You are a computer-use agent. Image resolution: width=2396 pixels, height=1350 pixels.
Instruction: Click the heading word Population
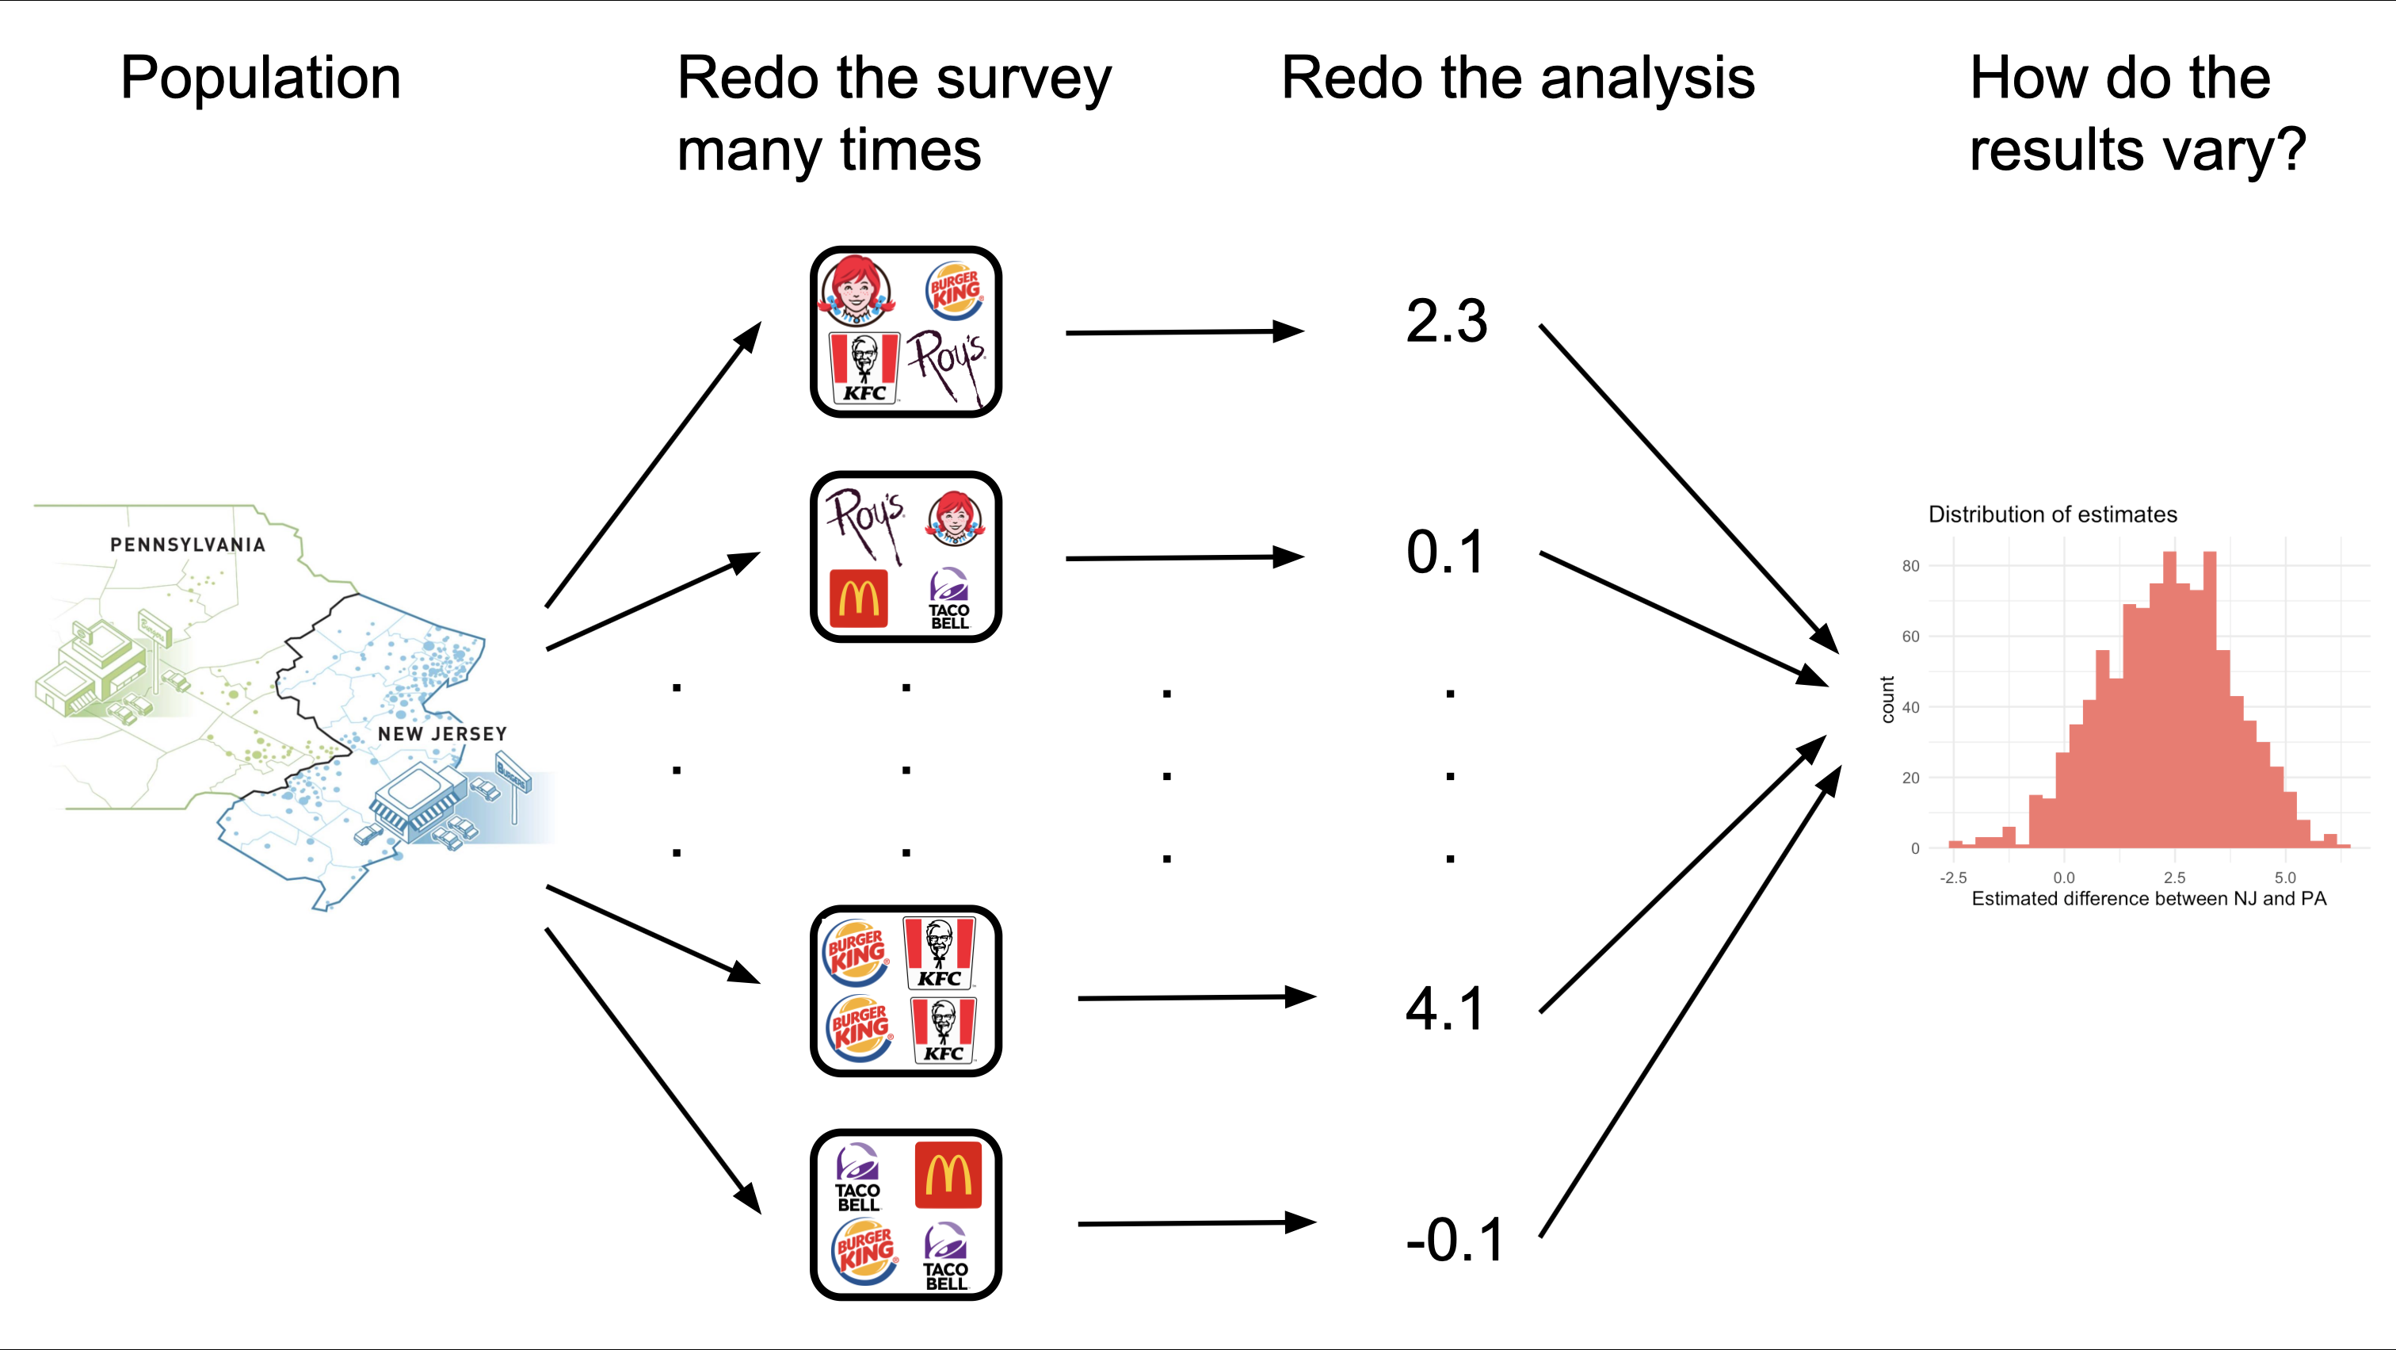261,78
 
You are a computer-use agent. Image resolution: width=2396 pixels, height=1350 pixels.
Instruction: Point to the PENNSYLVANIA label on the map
188,545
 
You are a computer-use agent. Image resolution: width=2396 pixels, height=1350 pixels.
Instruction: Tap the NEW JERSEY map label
442,733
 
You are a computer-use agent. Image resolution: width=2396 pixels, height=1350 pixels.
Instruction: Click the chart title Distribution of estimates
2052,514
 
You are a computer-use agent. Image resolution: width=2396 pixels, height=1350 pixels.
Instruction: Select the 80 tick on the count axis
1910,566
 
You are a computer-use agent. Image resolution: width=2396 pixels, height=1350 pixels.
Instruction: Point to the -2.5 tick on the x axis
1953,878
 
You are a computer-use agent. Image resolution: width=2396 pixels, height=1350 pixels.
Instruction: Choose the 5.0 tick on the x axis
2285,878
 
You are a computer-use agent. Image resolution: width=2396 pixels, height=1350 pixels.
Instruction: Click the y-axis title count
1887,700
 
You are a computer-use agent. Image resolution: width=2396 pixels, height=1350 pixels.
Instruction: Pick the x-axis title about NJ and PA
2149,899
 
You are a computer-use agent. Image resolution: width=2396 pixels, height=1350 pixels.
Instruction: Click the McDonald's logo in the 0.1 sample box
857,599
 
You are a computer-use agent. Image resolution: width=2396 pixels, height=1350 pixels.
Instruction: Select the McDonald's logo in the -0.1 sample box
948,1175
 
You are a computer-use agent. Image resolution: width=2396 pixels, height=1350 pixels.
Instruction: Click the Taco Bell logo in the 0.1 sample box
948,599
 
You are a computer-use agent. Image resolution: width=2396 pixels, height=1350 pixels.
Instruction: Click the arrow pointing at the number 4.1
1196,997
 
